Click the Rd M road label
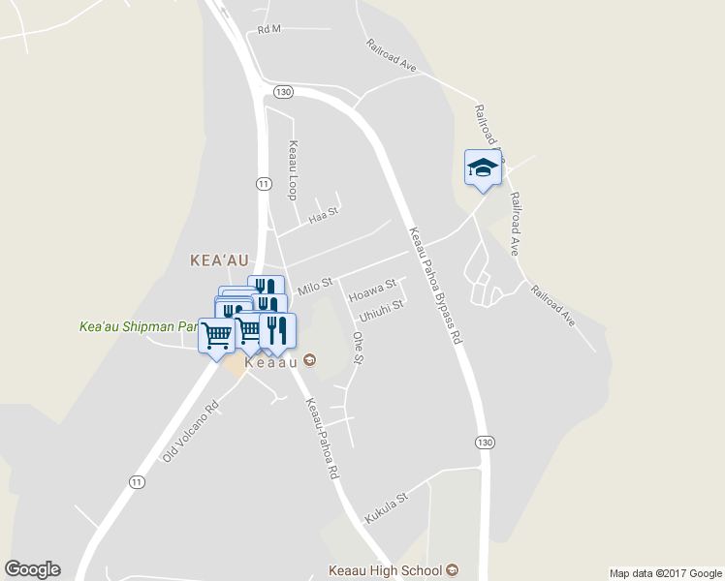tap(268, 29)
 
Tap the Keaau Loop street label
tap(291, 170)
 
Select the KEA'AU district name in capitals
tap(221, 260)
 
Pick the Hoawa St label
tap(372, 289)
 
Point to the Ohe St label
tap(357, 349)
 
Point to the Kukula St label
tap(387, 507)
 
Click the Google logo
tap(32, 569)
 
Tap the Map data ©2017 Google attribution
tap(665, 573)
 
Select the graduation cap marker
tap(482, 168)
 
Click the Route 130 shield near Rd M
tap(282, 92)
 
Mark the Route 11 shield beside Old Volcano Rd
tap(137, 482)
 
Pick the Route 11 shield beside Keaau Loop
tap(263, 182)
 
